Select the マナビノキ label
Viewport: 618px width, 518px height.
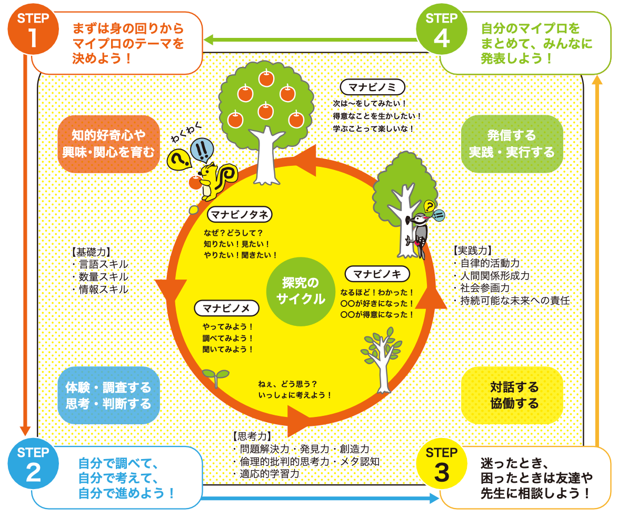(377, 274)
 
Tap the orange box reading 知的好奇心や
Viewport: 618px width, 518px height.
(108, 144)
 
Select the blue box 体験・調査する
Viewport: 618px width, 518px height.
(108, 396)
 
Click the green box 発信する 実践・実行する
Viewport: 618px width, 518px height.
(512, 144)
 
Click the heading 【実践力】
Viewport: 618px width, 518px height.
(472, 250)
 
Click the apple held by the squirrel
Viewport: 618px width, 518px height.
(195, 183)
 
